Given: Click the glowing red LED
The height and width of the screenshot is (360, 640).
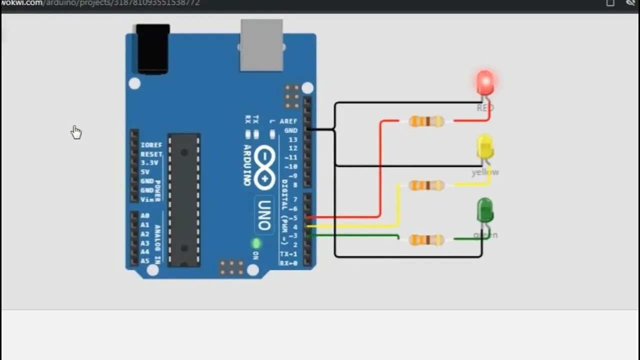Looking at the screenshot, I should tap(485, 82).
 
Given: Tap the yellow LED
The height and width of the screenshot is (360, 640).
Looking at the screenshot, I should tap(485, 147).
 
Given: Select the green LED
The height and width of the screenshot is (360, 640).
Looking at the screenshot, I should tap(485, 210).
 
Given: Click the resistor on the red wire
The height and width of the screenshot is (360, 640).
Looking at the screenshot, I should tap(426, 121).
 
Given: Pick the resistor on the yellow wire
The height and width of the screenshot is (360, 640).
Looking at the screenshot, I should tap(426, 185).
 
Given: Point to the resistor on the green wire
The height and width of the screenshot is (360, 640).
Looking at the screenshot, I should tap(426, 240).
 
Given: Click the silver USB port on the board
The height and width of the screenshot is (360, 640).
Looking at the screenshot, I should tap(261, 45).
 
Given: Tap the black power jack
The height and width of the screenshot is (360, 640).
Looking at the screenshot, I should tap(152, 49).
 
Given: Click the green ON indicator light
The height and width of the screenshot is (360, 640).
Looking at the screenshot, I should tap(256, 243).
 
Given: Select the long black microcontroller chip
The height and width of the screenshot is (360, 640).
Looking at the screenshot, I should tap(184, 200).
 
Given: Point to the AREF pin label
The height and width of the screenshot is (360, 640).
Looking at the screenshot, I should tap(288, 121).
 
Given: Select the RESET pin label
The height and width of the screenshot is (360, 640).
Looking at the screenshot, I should tap(151, 154).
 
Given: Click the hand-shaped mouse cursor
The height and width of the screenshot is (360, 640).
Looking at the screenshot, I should tap(76, 132).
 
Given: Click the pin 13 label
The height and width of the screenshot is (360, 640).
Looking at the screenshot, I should tap(292, 139).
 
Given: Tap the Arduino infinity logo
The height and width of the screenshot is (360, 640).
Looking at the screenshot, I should tap(264, 167).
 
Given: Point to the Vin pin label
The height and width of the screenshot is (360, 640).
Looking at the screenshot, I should tap(147, 199).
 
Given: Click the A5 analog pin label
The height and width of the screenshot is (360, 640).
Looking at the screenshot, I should tap(145, 261).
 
